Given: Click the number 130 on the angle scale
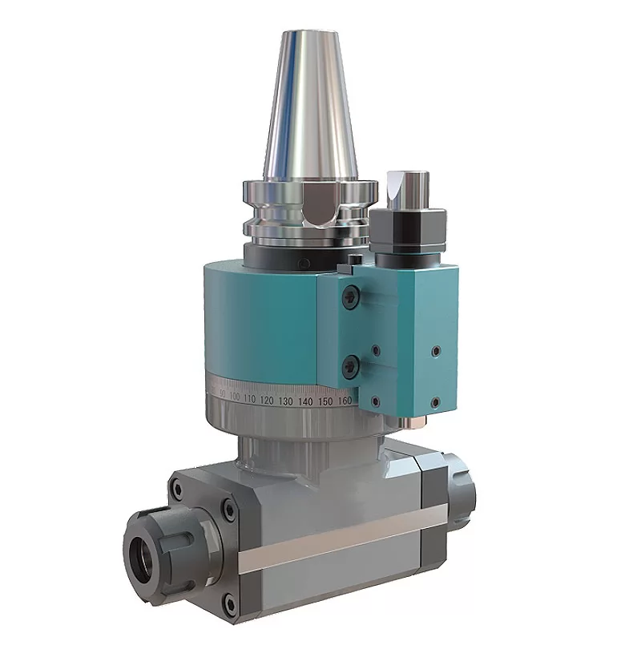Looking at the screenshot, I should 286,400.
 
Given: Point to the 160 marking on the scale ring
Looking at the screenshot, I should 345,400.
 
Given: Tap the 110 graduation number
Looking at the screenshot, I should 249,398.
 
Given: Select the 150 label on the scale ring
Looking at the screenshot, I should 326,400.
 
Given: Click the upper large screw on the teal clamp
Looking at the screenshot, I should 350,297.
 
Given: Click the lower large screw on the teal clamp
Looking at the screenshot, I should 350,367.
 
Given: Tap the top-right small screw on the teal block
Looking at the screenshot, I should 436,350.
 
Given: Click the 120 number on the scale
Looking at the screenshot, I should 267,399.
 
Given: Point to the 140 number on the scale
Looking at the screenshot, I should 306,400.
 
